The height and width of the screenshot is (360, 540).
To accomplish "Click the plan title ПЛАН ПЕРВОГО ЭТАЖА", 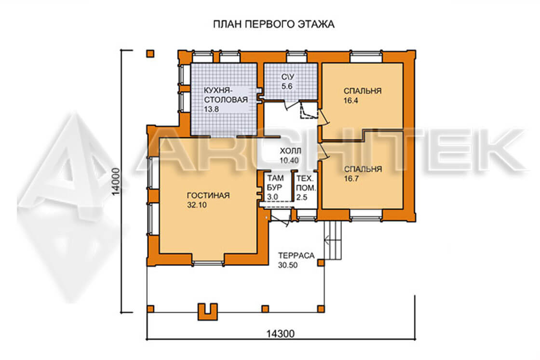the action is click(274, 25).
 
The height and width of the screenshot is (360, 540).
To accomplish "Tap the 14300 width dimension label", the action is click(281, 334).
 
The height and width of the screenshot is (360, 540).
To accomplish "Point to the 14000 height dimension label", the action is click(116, 181).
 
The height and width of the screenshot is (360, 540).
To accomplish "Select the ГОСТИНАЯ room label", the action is click(208, 196).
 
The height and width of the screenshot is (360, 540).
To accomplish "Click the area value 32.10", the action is click(197, 205).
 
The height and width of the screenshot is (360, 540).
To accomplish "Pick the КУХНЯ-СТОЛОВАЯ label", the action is click(226, 95).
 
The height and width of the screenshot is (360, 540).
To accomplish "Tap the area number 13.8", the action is click(211, 109).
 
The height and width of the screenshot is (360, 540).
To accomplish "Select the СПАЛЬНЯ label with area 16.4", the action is click(363, 91).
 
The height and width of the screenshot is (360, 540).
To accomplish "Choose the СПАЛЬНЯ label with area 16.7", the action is click(363, 169).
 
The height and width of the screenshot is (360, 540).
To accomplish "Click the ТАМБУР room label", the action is click(275, 183).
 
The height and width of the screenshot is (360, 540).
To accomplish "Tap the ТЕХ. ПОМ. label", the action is click(306, 184).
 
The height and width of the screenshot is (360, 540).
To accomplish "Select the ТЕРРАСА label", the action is click(297, 256).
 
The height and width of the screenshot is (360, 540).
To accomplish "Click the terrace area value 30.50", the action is click(288, 266).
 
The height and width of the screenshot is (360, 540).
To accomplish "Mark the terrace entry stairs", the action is click(333, 240).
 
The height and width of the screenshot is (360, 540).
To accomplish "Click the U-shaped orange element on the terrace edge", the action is click(208, 312).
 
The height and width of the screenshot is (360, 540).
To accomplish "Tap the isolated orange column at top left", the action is click(150, 53).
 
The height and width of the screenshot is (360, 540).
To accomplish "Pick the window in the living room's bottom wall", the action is click(208, 264).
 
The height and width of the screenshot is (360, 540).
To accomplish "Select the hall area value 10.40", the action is click(289, 161).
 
